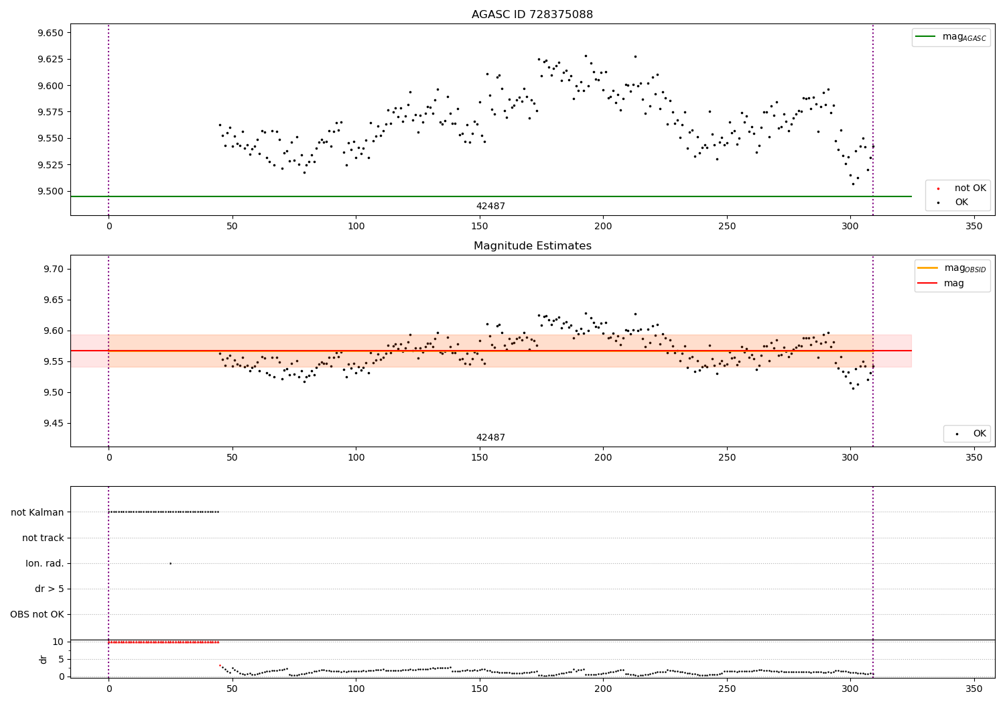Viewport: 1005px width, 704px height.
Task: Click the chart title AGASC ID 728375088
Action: [x=532, y=15]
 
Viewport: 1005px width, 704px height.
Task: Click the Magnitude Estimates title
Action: [x=532, y=246]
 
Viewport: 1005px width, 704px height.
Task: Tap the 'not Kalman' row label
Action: [x=38, y=512]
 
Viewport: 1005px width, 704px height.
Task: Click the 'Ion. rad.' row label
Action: [x=45, y=563]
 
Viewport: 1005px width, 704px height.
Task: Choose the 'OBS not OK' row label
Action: [x=37, y=614]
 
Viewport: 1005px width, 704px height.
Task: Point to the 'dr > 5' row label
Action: [x=50, y=589]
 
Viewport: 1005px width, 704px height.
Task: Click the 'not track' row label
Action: [x=43, y=538]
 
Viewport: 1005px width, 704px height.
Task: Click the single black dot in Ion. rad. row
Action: [x=170, y=563]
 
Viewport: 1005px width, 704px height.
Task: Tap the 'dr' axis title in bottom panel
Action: [x=44, y=659]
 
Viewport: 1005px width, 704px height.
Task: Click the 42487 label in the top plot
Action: [x=490, y=207]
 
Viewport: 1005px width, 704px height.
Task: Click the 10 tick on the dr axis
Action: [x=58, y=642]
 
